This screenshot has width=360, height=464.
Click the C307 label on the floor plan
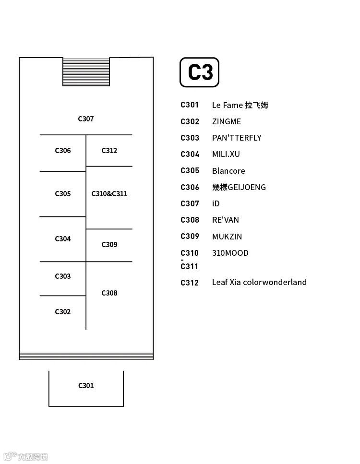click(x=86, y=119)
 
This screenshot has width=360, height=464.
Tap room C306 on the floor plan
click(x=62, y=151)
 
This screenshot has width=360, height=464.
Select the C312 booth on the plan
click(x=109, y=151)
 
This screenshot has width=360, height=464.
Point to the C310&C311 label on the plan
click(x=109, y=194)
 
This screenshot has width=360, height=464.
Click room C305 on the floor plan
click(x=62, y=194)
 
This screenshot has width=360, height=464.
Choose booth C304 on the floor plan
click(x=62, y=239)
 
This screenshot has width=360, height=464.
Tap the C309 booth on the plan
click(x=109, y=245)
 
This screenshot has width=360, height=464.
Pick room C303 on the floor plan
click(x=62, y=276)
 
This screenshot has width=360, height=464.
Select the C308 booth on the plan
click(x=109, y=293)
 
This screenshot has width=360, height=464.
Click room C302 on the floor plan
click(x=62, y=312)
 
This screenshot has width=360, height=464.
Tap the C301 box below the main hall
click(x=86, y=386)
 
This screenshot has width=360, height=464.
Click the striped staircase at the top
click(x=86, y=72)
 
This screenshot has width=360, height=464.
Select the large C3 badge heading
click(x=200, y=72)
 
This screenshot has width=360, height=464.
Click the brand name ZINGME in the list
click(x=227, y=122)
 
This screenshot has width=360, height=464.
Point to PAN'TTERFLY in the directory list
click(x=237, y=138)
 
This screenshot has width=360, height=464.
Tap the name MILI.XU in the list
click(x=226, y=155)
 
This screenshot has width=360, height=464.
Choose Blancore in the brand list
click(x=228, y=171)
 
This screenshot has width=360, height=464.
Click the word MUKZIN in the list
click(x=227, y=237)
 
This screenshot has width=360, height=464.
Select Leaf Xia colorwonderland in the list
click(x=259, y=282)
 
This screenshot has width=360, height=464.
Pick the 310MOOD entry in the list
click(x=230, y=253)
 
